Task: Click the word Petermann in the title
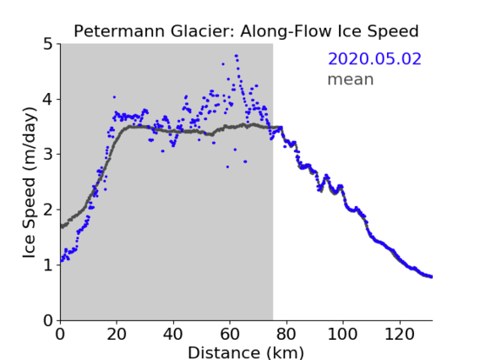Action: point(120,31)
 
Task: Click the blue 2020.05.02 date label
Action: point(374,59)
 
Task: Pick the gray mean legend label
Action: point(351,79)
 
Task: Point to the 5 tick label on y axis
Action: point(48,45)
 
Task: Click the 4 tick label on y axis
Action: point(48,100)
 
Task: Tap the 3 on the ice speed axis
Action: point(48,155)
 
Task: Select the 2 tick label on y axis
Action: point(48,210)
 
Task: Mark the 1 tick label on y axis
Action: point(48,265)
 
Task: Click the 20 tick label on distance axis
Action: point(117,334)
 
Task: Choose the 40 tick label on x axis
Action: point(173,334)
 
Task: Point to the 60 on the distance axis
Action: point(230,334)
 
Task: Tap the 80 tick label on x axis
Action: point(286,334)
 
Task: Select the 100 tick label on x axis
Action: point(342,334)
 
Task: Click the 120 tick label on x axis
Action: point(399,334)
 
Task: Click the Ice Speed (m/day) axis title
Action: point(30,183)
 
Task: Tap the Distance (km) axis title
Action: point(246,353)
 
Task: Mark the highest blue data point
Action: point(236,56)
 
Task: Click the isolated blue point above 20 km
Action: point(114,97)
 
